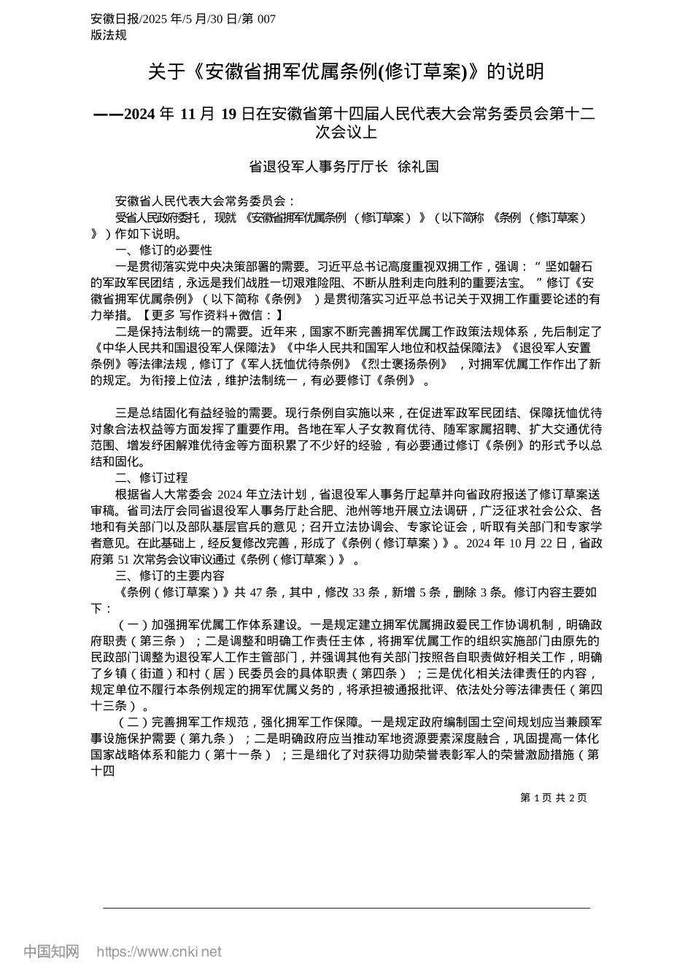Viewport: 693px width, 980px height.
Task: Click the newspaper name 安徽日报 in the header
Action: [112, 19]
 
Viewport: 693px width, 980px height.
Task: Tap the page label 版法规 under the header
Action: [109, 34]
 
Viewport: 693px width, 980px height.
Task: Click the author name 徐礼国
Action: [418, 166]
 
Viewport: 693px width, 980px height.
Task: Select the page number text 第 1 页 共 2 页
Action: [554, 798]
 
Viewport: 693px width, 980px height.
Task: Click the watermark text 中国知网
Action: [51, 952]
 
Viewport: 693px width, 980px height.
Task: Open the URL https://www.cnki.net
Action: [159, 952]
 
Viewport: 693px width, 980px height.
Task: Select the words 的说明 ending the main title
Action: [516, 71]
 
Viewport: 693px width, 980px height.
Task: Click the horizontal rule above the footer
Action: [346, 908]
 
